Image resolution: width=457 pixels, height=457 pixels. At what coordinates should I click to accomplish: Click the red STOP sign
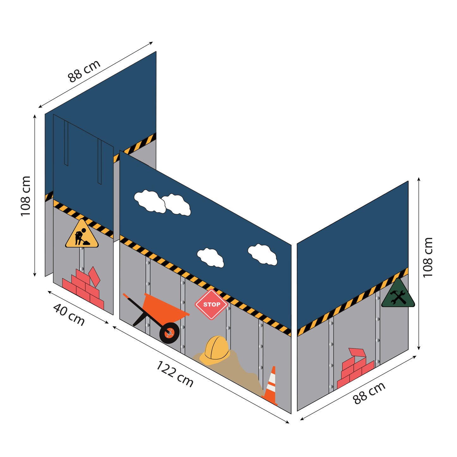click(x=211, y=305)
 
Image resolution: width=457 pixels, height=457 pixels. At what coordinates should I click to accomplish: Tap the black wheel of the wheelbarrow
click(x=169, y=333)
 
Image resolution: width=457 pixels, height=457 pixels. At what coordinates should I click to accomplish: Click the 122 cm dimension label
click(x=175, y=374)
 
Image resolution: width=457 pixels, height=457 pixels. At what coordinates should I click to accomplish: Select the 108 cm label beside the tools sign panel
click(x=428, y=257)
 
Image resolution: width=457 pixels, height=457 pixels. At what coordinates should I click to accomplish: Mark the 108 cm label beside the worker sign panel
click(x=26, y=196)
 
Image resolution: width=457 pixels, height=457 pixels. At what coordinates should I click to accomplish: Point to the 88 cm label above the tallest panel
click(x=84, y=71)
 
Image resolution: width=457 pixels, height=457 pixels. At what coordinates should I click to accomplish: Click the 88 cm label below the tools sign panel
click(x=369, y=393)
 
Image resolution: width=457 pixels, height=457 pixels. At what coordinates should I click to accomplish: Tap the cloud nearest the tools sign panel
click(x=262, y=254)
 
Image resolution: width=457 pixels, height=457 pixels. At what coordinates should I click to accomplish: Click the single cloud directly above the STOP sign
click(x=210, y=257)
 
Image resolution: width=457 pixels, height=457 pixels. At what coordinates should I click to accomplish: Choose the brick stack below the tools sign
click(x=354, y=370)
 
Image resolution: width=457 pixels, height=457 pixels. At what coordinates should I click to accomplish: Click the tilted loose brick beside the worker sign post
click(x=94, y=275)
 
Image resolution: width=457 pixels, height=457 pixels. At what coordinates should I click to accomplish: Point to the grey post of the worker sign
click(x=82, y=258)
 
